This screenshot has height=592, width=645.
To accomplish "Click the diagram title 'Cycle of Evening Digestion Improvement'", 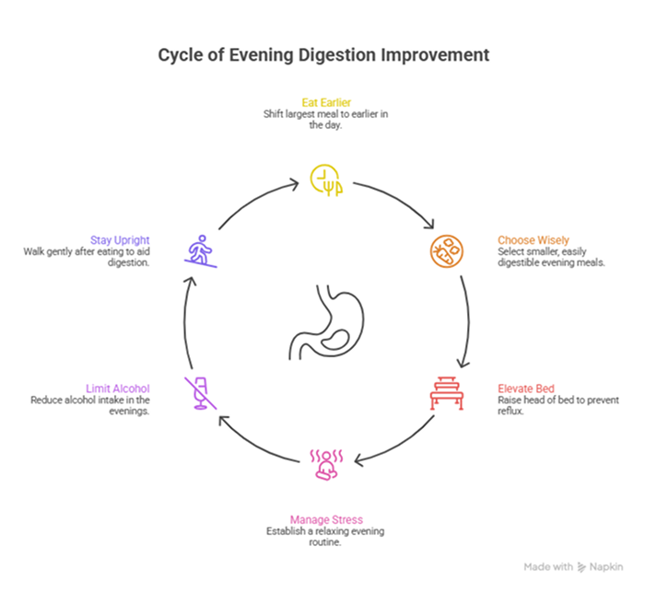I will [x=323, y=55].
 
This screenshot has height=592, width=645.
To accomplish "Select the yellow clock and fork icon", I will [x=324, y=180].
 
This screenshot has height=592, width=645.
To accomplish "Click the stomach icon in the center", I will [x=324, y=323].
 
